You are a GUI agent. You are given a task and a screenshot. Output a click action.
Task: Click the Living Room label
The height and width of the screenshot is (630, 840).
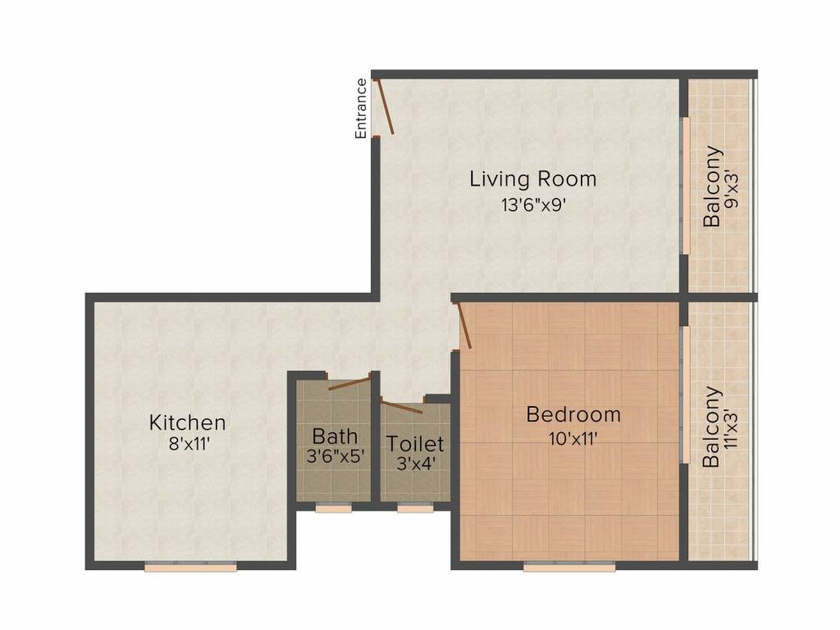[x=533, y=179]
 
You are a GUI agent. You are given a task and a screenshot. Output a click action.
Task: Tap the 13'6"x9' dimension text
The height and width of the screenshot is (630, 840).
[x=533, y=204]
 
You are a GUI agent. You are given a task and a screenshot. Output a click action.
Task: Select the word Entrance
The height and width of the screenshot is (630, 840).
[x=361, y=109]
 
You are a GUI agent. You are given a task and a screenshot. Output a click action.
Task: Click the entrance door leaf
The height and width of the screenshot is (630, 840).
[x=386, y=107]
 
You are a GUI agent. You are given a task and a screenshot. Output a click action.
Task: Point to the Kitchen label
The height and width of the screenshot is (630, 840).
[x=187, y=422]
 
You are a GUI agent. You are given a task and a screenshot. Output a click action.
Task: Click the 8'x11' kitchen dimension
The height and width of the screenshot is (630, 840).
[x=189, y=444]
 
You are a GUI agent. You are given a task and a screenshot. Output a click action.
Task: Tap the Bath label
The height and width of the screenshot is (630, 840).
[x=335, y=436]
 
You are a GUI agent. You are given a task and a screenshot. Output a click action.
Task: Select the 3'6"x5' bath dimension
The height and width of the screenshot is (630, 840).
[x=336, y=456]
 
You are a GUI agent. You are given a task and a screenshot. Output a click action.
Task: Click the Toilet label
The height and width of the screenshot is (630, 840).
[x=415, y=444]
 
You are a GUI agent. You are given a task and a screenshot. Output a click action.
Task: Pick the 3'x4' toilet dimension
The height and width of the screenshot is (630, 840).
[x=415, y=463]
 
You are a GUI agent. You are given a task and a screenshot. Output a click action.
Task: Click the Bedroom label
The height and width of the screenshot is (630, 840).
[x=573, y=414]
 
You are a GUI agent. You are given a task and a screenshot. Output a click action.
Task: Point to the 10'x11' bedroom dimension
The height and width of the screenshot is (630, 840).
[x=573, y=439]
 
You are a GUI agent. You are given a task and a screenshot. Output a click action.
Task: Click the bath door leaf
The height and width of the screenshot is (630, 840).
[x=349, y=384]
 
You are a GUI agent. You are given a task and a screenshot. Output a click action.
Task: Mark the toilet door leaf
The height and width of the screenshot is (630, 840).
[x=401, y=407]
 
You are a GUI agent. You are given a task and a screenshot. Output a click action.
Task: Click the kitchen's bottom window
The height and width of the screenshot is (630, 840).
[x=190, y=567]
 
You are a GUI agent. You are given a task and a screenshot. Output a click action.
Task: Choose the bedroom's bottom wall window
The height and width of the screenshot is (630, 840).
[x=569, y=567]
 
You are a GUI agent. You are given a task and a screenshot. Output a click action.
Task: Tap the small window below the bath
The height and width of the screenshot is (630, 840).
[x=333, y=508]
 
